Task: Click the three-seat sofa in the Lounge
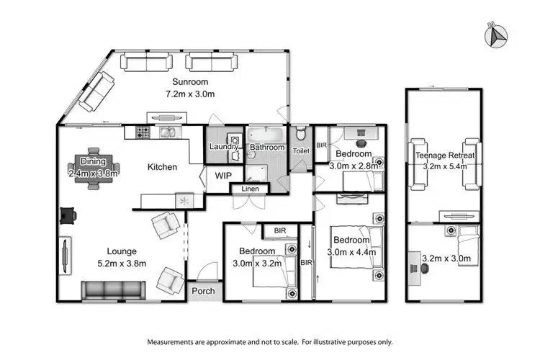(x=110, y=290)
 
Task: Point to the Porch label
(x=202, y=292)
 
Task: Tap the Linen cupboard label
(x=249, y=189)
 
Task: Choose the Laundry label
(x=224, y=148)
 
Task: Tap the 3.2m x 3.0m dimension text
(x=441, y=258)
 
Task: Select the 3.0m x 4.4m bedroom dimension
(x=351, y=252)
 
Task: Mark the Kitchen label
(x=162, y=167)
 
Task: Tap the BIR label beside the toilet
(x=321, y=145)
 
